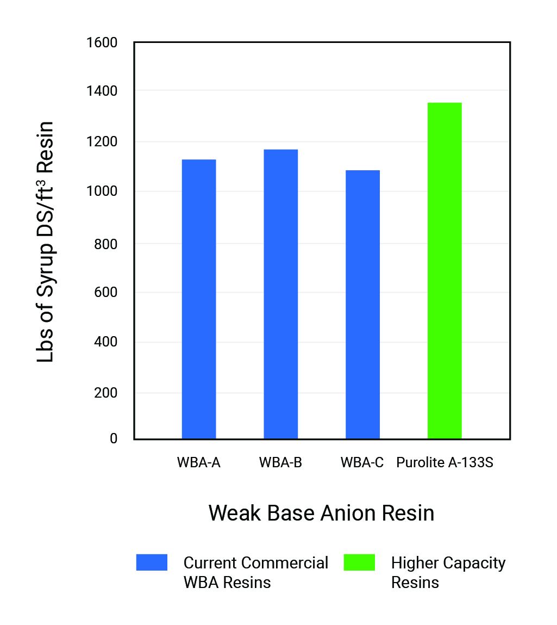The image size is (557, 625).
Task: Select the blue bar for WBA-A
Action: click(x=199, y=299)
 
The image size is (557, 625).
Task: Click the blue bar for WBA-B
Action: click(x=281, y=294)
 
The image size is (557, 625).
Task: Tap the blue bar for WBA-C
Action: click(x=363, y=305)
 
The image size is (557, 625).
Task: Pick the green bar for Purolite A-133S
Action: click(x=445, y=270)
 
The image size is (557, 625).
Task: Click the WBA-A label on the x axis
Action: click(x=198, y=463)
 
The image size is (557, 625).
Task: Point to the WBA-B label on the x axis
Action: click(x=280, y=463)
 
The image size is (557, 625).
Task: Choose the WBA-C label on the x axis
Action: click(x=362, y=463)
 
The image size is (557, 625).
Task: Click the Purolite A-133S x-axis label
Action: click(x=445, y=463)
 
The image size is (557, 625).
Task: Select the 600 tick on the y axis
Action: click(x=105, y=293)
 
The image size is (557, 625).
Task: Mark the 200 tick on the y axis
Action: click(x=105, y=393)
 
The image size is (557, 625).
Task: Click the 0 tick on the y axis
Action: click(x=114, y=438)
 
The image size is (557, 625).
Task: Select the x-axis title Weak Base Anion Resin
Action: click(x=321, y=513)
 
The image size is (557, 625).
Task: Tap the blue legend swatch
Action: click(x=152, y=562)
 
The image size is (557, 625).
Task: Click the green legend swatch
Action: click(x=359, y=562)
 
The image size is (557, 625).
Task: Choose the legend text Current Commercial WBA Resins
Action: click(x=255, y=572)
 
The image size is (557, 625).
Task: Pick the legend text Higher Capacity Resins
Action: click(x=448, y=572)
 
